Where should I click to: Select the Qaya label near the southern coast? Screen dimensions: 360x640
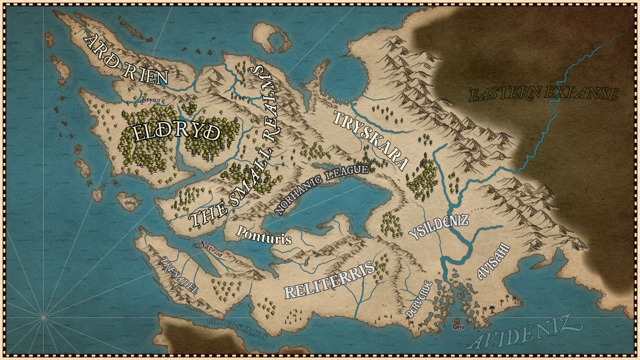(x=458, y=327)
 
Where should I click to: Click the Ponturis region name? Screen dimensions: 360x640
(x=263, y=235)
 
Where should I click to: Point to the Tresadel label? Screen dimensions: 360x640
(x=179, y=276)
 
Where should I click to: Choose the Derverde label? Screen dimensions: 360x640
(x=419, y=299)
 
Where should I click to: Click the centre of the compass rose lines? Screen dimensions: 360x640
(x=43, y=318)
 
